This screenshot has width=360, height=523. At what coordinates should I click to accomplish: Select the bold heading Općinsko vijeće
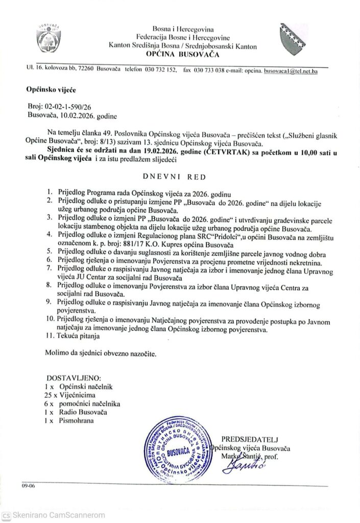[51, 89]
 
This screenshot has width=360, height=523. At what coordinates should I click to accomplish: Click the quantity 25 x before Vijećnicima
[52, 395]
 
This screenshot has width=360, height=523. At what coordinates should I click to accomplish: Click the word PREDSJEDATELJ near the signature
[250, 439]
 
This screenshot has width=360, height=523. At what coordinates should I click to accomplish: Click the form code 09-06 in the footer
[28, 486]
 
